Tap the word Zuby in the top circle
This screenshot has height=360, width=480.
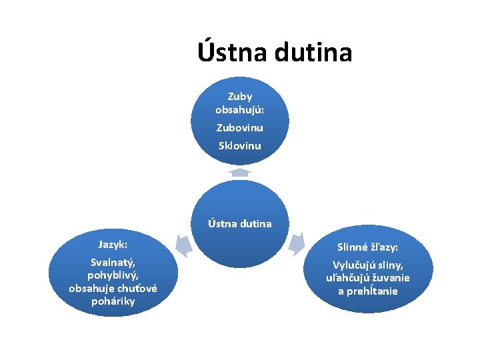(240, 97)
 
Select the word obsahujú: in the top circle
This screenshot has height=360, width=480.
(240, 109)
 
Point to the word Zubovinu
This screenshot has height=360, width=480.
(240, 127)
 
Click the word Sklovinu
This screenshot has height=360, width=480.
(240, 145)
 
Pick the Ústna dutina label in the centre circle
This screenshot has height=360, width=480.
(240, 223)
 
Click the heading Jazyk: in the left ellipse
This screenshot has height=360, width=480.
(113, 245)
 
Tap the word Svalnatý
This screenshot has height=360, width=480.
(113, 263)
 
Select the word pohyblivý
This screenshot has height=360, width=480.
(113, 275)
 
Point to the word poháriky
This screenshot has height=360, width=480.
(113, 301)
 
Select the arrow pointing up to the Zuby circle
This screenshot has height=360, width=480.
(240, 172)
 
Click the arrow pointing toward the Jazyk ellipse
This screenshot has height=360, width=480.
(183, 245)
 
